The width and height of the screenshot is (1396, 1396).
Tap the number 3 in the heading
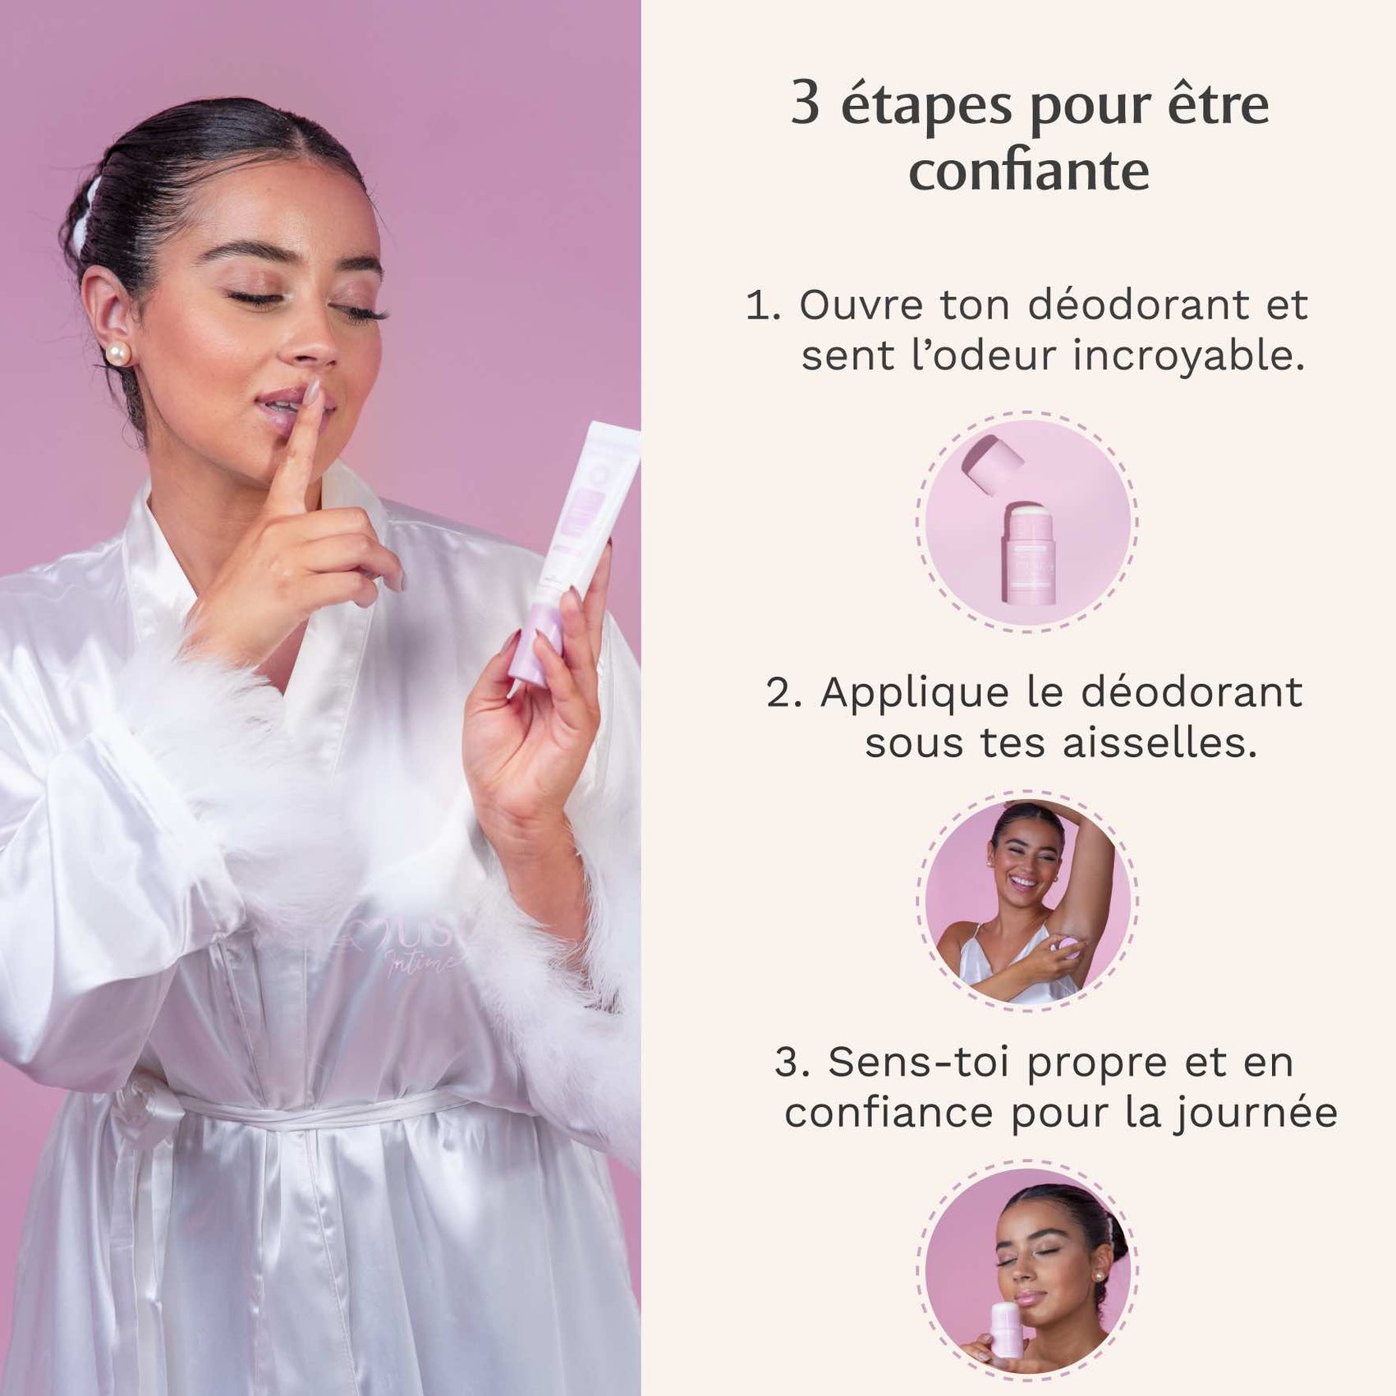coord(805,105)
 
